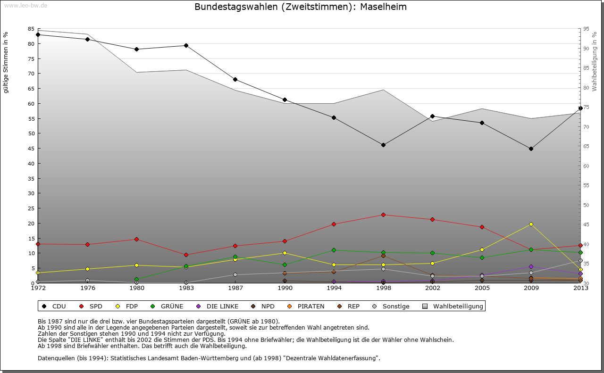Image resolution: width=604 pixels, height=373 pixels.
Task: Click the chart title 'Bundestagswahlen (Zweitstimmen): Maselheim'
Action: [301, 7]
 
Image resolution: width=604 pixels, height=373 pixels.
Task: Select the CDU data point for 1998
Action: [383, 145]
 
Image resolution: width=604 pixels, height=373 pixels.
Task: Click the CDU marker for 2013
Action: [580, 108]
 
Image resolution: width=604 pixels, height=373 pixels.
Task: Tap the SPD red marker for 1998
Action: [383, 215]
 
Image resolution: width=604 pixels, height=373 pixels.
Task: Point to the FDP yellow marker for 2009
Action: [531, 224]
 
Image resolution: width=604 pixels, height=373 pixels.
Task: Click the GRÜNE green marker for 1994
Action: [334, 250]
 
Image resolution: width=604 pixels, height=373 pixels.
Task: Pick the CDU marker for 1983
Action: [186, 46]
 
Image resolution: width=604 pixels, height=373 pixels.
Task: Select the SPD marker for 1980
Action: [136, 239]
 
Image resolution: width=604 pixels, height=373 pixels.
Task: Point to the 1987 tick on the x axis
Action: [235, 288]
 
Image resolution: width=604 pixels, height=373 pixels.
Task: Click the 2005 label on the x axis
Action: [482, 288]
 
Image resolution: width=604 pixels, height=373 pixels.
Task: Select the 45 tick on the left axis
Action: [31, 149]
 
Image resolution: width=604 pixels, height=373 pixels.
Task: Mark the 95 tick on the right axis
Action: [586, 29]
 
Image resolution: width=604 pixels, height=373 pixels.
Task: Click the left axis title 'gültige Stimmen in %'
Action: [6, 62]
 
